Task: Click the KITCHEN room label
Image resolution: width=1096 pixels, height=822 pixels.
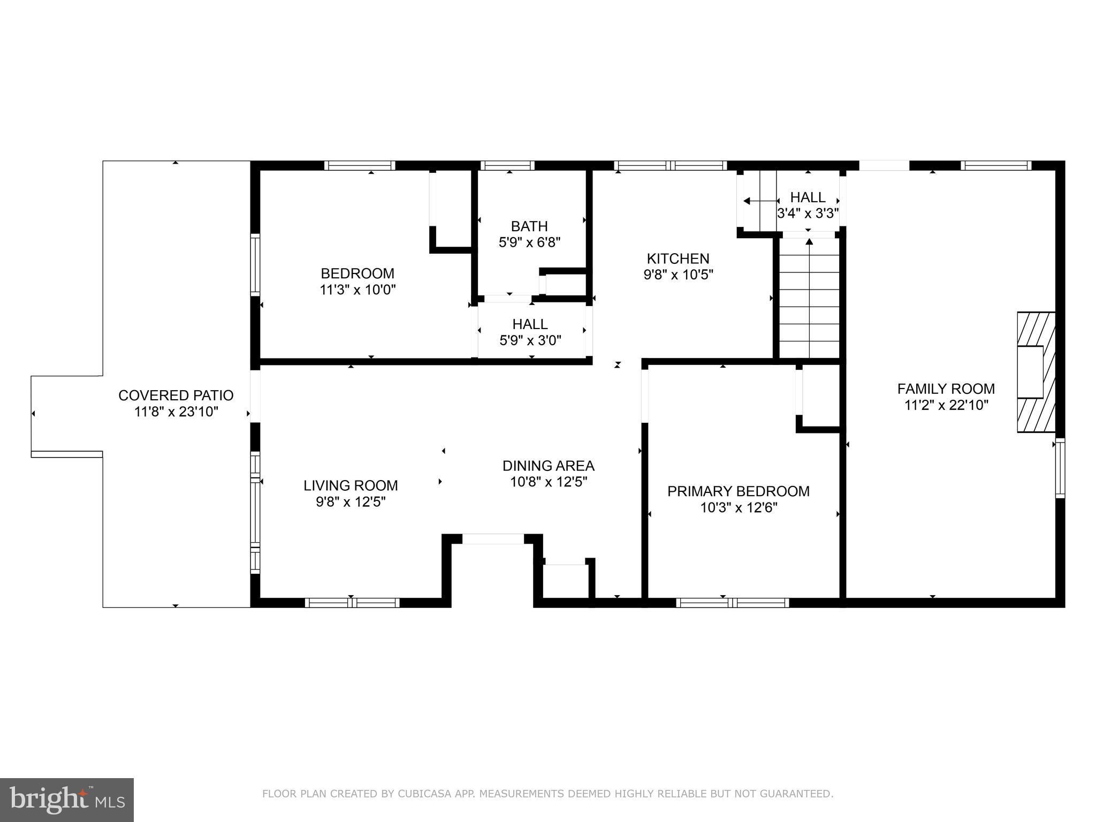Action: (678, 258)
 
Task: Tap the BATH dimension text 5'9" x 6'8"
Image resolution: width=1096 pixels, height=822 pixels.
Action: (529, 242)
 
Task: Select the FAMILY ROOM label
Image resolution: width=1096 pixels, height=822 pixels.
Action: (946, 389)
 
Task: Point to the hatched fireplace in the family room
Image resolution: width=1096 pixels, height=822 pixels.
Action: (1036, 372)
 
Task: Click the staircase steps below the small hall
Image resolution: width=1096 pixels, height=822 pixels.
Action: (809, 300)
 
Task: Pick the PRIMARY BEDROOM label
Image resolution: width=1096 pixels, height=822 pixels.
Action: (738, 491)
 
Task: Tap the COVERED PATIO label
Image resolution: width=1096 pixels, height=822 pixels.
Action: (176, 395)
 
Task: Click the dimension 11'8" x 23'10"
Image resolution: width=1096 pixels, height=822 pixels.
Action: (176, 412)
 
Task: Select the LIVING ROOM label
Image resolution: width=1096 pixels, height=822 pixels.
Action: (351, 485)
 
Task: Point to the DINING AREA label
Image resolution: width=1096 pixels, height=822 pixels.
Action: (548, 466)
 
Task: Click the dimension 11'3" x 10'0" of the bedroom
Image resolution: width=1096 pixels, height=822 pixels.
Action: (357, 290)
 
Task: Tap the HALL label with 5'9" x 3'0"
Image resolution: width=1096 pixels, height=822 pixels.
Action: (530, 324)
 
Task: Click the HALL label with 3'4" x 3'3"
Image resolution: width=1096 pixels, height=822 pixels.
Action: (808, 197)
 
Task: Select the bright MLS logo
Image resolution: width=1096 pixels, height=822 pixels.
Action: (67, 800)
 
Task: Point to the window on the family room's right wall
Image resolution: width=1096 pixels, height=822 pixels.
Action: (1060, 468)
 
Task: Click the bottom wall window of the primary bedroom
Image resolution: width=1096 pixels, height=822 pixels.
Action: (732, 603)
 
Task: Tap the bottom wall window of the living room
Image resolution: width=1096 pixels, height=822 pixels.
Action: (352, 603)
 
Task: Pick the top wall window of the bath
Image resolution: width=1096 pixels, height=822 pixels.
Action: (507, 165)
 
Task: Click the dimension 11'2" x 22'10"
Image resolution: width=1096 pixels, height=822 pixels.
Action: (946, 405)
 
